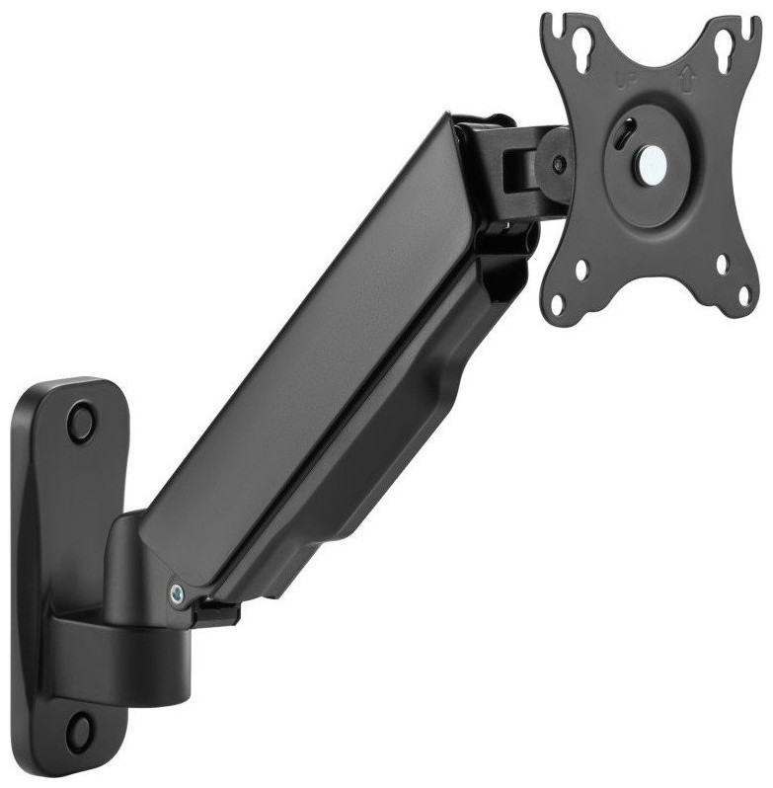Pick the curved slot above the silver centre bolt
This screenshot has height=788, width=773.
pyautogui.click(x=623, y=135)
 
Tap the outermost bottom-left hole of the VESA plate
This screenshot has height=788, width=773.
pyautogui.click(x=559, y=302)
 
